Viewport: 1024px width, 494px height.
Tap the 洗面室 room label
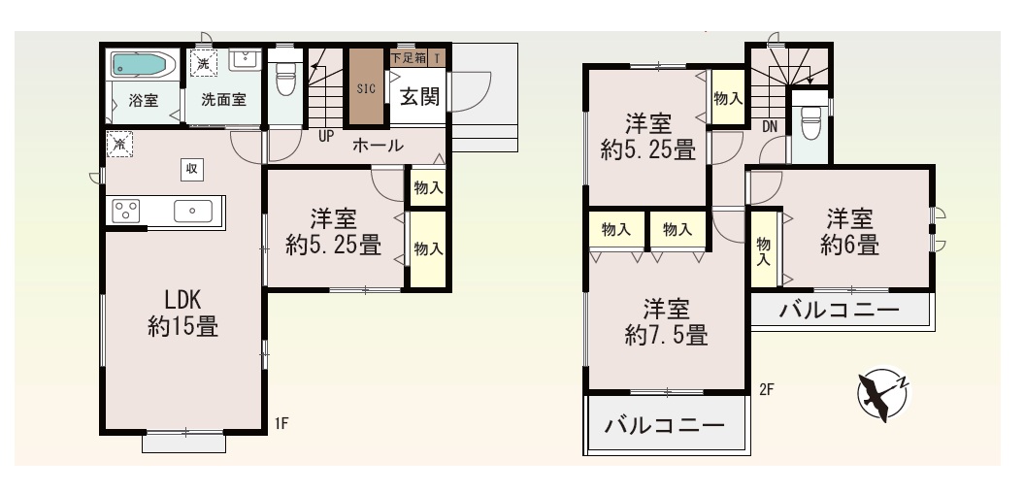click(x=222, y=100)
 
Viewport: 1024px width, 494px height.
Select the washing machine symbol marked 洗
click(x=203, y=63)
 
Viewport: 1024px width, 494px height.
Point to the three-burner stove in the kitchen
click(x=126, y=211)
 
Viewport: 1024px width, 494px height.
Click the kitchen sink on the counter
click(x=192, y=211)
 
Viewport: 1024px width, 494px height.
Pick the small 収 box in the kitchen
click(x=191, y=169)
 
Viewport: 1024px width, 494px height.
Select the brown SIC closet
click(x=366, y=86)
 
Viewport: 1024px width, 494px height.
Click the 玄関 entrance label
click(x=419, y=97)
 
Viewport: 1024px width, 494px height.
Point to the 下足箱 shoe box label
click(x=409, y=57)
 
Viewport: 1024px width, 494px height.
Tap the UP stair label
click(x=326, y=137)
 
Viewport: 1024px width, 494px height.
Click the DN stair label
click(x=770, y=126)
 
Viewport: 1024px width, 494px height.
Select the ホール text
click(x=378, y=145)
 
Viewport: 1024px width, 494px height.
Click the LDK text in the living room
click(x=182, y=300)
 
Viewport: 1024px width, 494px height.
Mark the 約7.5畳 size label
click(x=666, y=335)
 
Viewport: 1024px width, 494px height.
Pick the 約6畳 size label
click(x=849, y=245)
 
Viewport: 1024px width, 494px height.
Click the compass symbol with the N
click(x=883, y=393)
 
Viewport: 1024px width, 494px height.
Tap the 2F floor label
click(x=766, y=389)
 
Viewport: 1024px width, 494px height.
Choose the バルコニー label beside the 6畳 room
click(x=840, y=310)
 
